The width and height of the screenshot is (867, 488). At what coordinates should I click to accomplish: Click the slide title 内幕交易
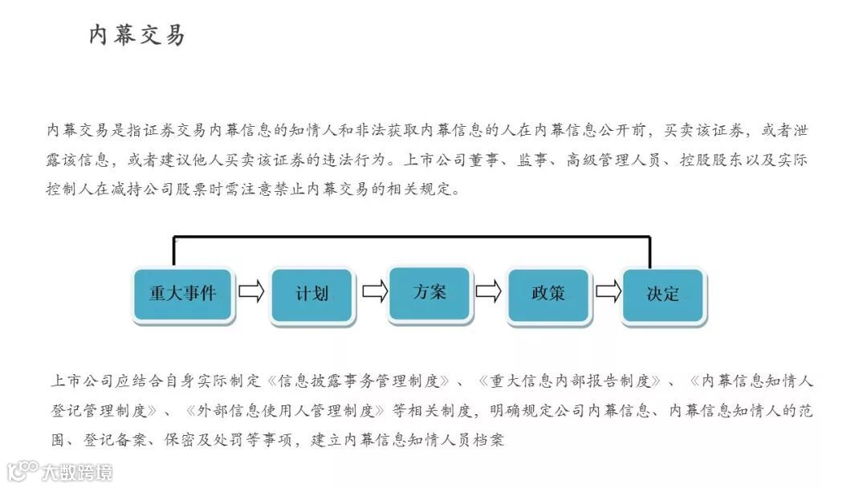136,35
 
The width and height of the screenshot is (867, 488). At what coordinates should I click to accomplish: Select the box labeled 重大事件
183,294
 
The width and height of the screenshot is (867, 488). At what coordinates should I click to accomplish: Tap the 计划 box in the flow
311,294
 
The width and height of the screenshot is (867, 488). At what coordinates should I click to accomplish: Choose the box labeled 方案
429,292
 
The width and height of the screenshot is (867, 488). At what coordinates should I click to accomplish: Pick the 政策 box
548,294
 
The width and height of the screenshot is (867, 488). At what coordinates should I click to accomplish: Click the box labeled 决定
663,295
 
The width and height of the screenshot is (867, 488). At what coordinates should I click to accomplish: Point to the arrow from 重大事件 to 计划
251,291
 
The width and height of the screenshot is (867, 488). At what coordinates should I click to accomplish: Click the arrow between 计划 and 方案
374,291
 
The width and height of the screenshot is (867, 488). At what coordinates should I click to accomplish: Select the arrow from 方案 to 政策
488,291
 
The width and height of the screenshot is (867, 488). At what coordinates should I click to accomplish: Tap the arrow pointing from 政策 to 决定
608,291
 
